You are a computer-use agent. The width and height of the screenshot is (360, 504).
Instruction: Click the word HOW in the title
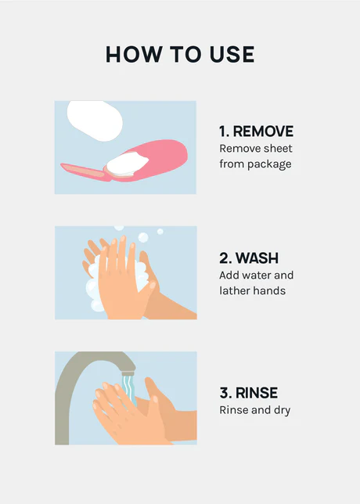134,54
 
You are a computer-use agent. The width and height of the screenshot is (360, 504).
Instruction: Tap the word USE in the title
232,54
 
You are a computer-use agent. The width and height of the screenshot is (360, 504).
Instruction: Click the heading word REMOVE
263,131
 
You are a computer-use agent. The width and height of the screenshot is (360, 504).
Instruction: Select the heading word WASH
257,258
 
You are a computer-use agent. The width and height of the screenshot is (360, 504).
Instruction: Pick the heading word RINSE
257,393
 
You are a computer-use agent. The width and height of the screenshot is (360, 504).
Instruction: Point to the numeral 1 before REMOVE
222,131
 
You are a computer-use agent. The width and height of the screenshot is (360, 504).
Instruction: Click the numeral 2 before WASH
225,258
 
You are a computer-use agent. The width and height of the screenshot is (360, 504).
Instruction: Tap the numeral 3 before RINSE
225,393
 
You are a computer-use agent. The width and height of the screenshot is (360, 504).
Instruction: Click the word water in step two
256,275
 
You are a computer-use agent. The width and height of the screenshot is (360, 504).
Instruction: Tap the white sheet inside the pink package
128,164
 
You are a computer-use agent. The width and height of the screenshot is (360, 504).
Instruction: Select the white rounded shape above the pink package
95,121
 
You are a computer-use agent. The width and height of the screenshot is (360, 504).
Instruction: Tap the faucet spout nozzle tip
128,373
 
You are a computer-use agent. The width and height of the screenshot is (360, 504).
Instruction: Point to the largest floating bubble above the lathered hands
143,238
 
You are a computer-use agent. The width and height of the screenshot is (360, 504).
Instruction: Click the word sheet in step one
279,149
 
